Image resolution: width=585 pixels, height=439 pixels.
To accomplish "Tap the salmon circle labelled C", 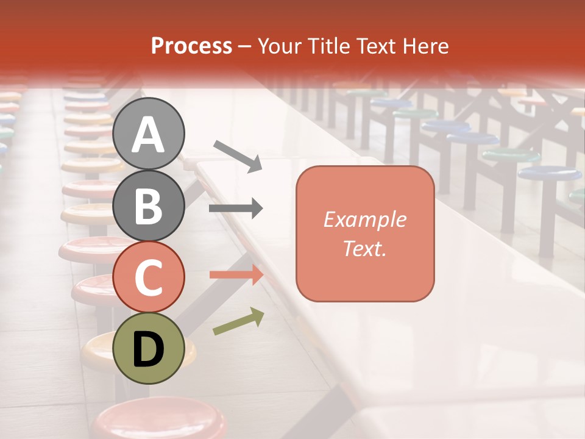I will coord(149,277).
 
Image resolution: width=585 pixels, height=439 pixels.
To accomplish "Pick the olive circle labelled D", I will coord(149,348).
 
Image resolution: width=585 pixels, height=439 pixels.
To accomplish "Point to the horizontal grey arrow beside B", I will coord(236,209).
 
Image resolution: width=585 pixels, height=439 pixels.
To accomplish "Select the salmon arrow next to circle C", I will coord(236,275).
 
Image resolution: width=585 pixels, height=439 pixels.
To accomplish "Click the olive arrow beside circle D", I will coord(238,322).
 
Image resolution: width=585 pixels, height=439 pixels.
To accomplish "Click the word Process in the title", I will coord(191,46).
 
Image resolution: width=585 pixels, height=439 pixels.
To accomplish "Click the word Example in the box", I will coord(364,220).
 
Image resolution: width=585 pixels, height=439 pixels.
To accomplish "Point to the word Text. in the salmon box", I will coord(364,248).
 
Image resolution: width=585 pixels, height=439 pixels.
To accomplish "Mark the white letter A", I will coord(149,134).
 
